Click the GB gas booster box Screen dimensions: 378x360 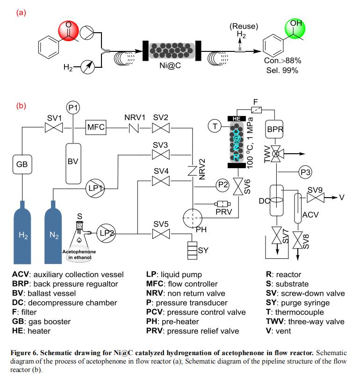tap(22, 164)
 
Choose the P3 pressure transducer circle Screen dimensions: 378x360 tap(306, 172)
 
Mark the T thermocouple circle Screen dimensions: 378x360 tap(214, 126)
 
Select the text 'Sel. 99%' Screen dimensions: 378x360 tap(282, 71)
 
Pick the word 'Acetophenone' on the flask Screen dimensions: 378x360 tap(79, 251)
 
